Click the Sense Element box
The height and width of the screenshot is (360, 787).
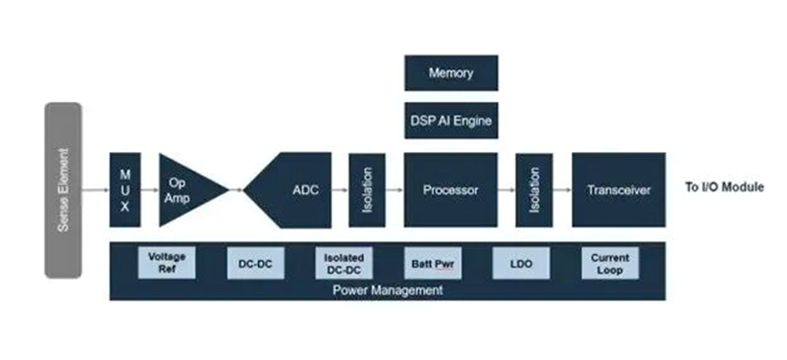coord(63,190)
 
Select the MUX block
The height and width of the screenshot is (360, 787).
coord(125,190)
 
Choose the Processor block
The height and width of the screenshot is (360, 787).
coord(451,190)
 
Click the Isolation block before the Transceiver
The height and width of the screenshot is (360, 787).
coord(534,190)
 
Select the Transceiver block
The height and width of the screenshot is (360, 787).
coord(618,190)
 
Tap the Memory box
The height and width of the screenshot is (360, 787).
coord(451,73)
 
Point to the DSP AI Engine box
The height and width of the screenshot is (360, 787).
coord(451,121)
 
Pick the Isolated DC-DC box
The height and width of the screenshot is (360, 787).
coord(343,263)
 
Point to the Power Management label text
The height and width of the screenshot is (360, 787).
coord(387,290)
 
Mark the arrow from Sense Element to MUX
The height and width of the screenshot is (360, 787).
coord(95,190)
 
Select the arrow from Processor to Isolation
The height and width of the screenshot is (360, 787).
coord(506,190)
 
